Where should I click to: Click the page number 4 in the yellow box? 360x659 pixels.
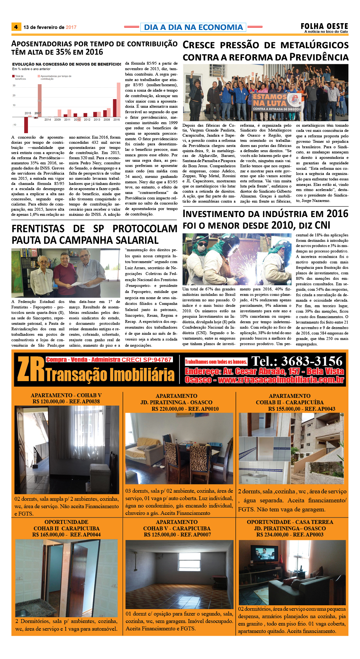tap(16, 27)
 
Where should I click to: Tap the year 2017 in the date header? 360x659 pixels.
tap(71, 27)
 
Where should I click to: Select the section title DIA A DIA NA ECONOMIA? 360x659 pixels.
tap(193, 27)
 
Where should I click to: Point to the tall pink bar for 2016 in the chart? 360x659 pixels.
tap(118, 100)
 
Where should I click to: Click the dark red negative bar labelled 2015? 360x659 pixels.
tap(26, 125)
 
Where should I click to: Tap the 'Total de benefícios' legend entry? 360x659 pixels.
tap(20, 77)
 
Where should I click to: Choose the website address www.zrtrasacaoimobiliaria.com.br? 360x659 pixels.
tap(281, 380)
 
